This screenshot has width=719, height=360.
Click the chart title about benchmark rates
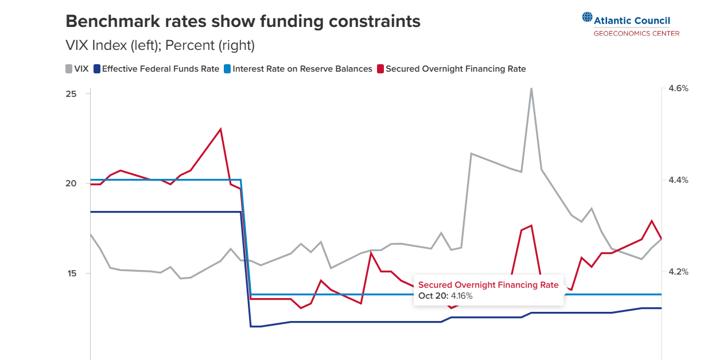243,21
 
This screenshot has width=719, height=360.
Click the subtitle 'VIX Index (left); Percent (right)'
160,45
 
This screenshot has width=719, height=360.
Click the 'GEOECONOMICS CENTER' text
636,34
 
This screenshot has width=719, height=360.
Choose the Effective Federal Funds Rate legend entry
156,69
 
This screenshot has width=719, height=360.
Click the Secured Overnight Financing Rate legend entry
451,69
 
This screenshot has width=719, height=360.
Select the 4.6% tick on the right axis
678,88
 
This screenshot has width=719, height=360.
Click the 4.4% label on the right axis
678,180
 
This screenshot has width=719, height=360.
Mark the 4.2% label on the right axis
678,272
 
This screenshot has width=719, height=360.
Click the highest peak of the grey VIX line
531,88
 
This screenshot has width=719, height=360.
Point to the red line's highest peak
220,129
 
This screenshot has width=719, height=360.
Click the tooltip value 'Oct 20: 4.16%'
445,296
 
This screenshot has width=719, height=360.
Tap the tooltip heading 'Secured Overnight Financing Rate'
488,285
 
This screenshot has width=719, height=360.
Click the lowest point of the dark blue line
255,326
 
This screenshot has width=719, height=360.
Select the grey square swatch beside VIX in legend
68,69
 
